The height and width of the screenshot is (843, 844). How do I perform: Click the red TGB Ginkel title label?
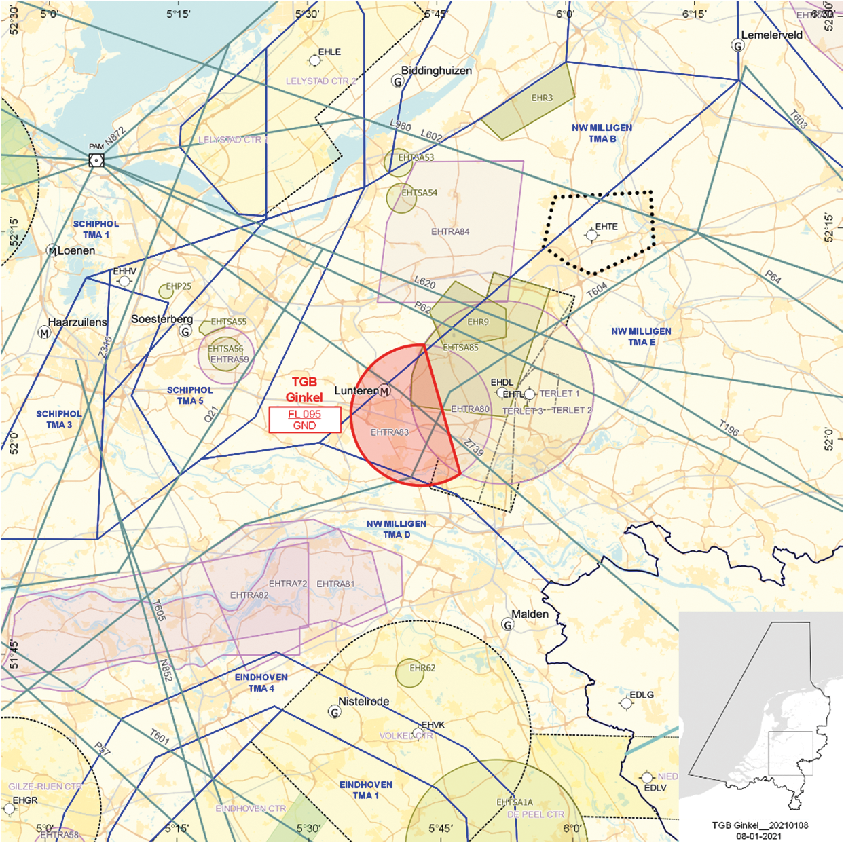(x=304, y=390)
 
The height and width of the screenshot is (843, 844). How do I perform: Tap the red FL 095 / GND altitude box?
(x=304, y=419)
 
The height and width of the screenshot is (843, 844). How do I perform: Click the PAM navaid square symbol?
(x=96, y=160)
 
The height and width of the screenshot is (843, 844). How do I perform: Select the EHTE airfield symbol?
(x=592, y=235)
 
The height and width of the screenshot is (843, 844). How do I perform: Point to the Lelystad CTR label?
(x=230, y=140)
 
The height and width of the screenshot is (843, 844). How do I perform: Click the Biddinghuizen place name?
(x=436, y=71)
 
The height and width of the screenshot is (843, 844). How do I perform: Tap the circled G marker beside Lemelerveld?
(x=738, y=46)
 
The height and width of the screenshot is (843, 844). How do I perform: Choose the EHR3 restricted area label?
(x=542, y=98)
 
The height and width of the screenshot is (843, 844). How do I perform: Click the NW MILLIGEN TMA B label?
(x=602, y=133)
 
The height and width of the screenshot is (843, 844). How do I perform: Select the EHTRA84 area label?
(x=450, y=231)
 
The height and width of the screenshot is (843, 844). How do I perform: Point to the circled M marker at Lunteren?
(x=385, y=391)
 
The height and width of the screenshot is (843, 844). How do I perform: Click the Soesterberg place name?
(x=162, y=319)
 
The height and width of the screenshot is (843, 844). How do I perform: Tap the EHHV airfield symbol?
(x=124, y=281)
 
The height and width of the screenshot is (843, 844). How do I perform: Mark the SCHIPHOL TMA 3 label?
(x=59, y=419)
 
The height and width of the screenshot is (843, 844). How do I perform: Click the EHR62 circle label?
(x=422, y=668)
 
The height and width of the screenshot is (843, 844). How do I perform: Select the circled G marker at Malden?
(x=507, y=624)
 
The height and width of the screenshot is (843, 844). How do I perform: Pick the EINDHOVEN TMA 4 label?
(x=261, y=683)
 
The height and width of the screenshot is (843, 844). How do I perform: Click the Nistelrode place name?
(x=364, y=702)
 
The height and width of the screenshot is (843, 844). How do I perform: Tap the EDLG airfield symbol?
(x=626, y=703)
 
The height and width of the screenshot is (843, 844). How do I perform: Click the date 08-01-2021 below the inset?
(x=759, y=836)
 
